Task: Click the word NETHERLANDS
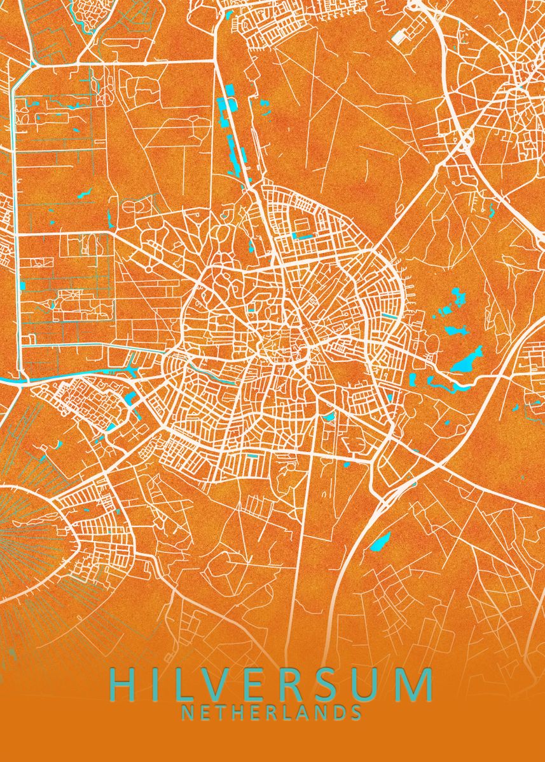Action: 272,712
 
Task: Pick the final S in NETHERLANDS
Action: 357,712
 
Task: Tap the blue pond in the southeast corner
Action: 381,542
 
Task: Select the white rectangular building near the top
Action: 400,37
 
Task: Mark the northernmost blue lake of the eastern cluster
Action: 456,296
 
